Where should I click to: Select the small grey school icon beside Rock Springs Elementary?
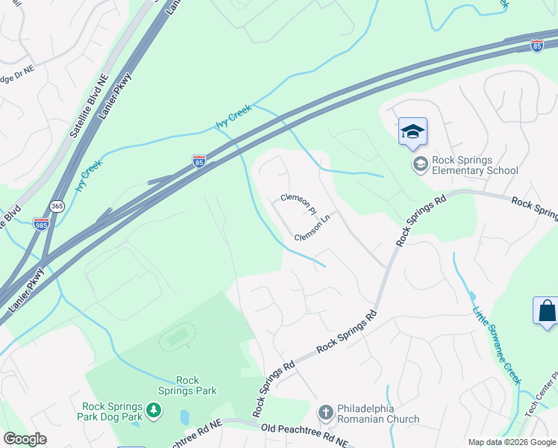click(420, 164)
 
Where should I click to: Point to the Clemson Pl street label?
click(298, 203)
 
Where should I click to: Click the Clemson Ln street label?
click(312, 230)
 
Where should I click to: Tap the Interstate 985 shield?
click(41, 223)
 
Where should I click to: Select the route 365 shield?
click(57, 205)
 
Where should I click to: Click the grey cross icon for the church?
click(325, 412)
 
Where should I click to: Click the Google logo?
click(25, 439)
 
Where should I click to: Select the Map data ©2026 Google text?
click(511, 442)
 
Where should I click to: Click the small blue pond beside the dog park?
click(184, 417)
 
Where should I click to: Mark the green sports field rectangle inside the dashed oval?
click(177, 338)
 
